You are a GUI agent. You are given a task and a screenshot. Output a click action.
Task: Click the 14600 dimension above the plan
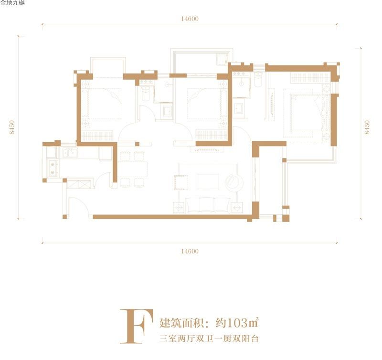pyautogui.click(x=190, y=19)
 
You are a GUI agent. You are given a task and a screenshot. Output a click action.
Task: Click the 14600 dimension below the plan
pyautogui.click(x=190, y=251)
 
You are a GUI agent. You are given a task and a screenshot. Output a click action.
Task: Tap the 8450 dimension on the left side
pyautogui.click(x=11, y=127)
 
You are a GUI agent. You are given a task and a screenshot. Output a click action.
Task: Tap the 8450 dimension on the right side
pyautogui.click(x=367, y=127)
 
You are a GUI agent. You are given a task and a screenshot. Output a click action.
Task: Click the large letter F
pyautogui.click(x=137, y=326)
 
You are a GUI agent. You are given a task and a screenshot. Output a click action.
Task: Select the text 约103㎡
pyautogui.click(x=236, y=323)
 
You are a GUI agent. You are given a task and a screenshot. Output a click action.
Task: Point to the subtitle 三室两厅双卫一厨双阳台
pyautogui.click(x=209, y=339)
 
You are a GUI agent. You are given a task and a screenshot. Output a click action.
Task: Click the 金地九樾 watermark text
pyautogui.click(x=12, y=3)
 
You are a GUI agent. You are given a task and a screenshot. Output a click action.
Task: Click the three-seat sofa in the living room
pyautogui.click(x=208, y=205)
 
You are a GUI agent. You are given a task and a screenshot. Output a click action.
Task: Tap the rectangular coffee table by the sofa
pyautogui.click(x=208, y=181)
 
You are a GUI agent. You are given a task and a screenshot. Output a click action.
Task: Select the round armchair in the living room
pyautogui.click(x=234, y=182)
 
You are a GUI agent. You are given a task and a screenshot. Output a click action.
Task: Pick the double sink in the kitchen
pyautogui.click(x=70, y=153)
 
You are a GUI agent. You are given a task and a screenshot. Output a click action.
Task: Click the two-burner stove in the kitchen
pyautogui.click(x=53, y=168)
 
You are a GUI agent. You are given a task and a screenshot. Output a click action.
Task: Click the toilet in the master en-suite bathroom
pyautogui.click(x=258, y=80)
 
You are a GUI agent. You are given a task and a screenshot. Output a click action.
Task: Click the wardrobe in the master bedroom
pyautogui.click(x=310, y=78)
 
